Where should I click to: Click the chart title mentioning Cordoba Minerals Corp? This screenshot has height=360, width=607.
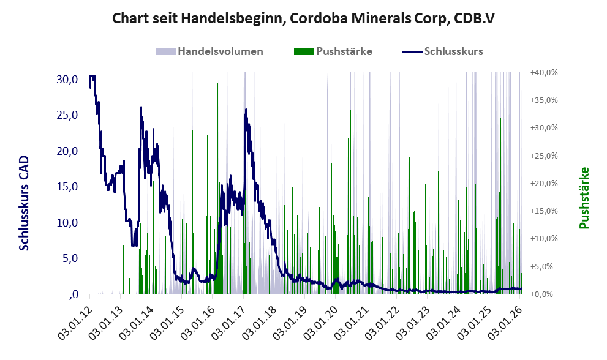click(303, 18)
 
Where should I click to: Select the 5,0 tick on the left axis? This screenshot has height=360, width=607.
click(69, 258)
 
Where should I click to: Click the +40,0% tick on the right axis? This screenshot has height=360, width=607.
click(544, 72)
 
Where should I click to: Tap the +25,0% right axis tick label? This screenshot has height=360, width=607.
click(544, 156)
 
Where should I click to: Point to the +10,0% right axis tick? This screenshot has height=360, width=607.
click(544, 239)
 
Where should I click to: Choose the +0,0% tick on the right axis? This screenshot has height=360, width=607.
click(545, 294)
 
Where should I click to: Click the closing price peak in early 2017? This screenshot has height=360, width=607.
click(246, 110)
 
